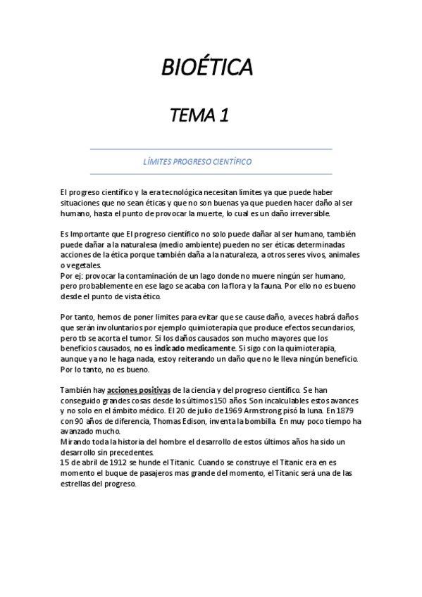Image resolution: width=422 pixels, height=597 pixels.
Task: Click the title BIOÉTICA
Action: [207, 68]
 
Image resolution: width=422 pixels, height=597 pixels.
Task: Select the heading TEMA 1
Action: [199, 115]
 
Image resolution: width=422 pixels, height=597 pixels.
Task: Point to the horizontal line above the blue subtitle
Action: [211, 149]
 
